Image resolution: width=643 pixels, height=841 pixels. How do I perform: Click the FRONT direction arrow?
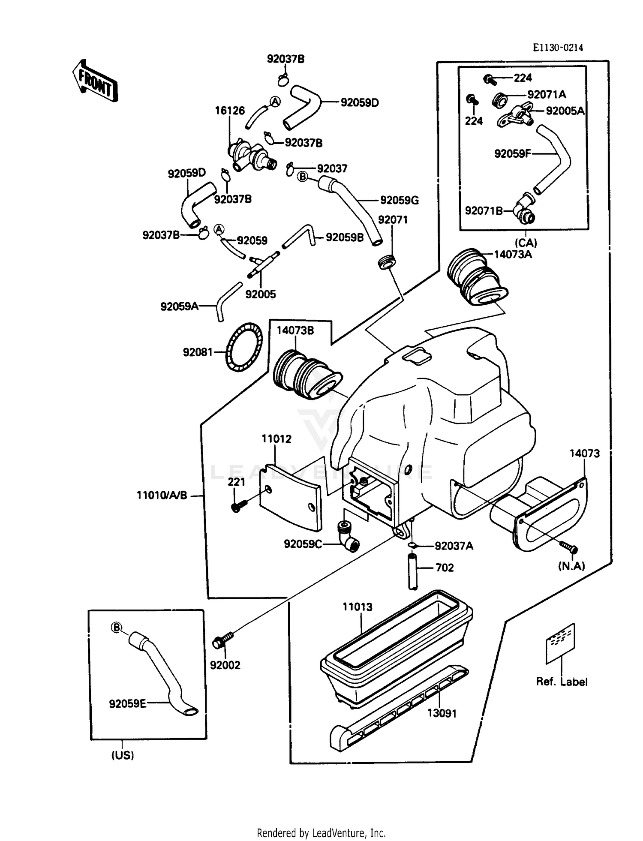(x=95, y=81)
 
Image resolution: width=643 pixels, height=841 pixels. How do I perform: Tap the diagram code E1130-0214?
(x=558, y=48)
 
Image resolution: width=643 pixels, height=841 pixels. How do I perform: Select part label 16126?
(x=230, y=111)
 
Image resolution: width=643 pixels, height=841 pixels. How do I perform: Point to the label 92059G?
(x=400, y=200)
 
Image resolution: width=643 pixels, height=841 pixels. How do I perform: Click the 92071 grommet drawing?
(x=387, y=262)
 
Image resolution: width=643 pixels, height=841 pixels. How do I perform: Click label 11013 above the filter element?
(x=358, y=607)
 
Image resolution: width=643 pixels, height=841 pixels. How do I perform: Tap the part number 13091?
(x=442, y=713)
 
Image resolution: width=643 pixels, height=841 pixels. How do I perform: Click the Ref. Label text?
(x=562, y=682)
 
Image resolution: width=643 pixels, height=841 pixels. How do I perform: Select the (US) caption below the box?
(x=123, y=755)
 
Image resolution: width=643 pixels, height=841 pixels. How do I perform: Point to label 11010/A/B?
(x=162, y=495)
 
